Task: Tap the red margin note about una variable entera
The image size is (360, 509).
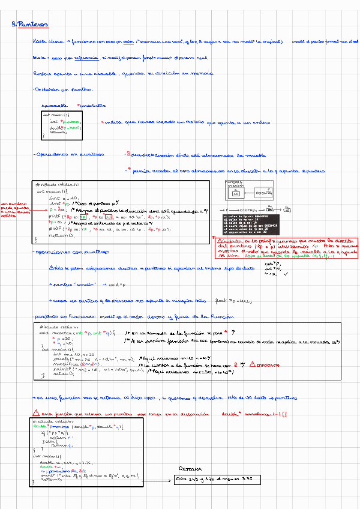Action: point(16,211)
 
